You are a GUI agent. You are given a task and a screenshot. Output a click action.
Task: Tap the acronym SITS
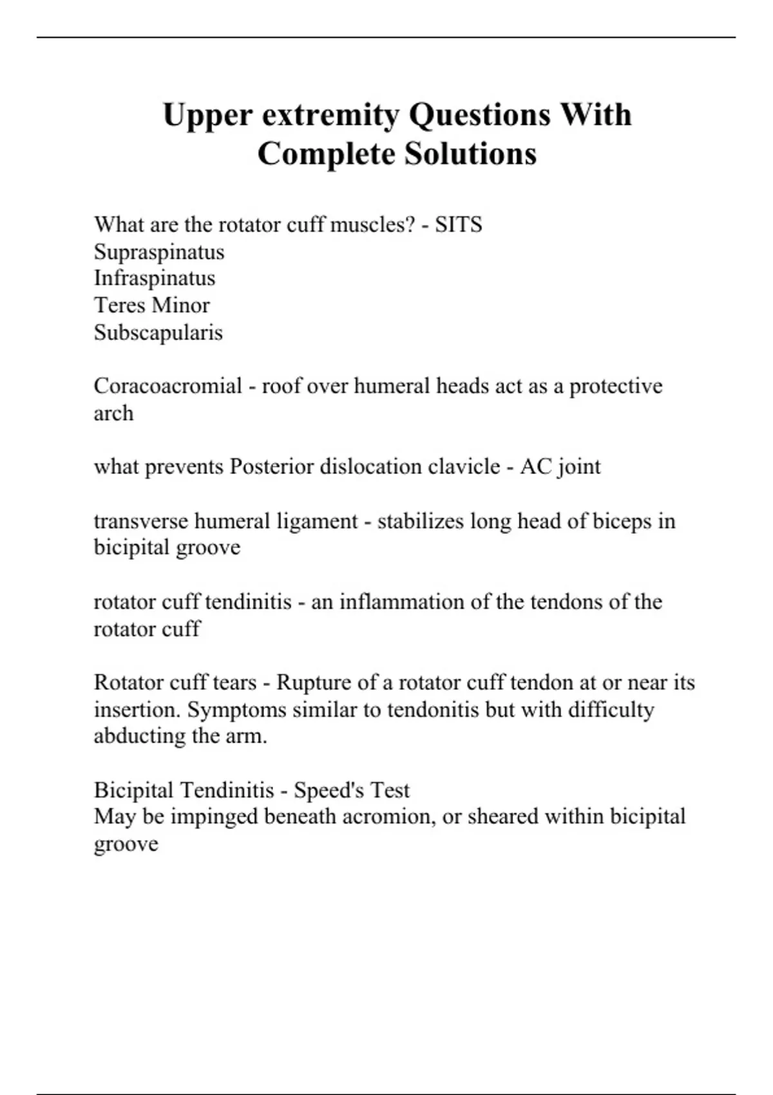(458, 225)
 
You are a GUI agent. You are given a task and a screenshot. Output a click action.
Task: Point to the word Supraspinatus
(159, 252)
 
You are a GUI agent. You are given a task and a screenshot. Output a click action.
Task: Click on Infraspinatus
(155, 278)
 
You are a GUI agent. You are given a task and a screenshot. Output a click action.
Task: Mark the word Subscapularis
(158, 332)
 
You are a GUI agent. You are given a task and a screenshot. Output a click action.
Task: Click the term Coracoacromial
(167, 386)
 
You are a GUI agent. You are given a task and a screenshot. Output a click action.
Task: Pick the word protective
(615, 386)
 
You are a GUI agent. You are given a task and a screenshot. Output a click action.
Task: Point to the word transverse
(141, 520)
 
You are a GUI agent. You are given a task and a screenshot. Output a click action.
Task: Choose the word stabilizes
(421, 520)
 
